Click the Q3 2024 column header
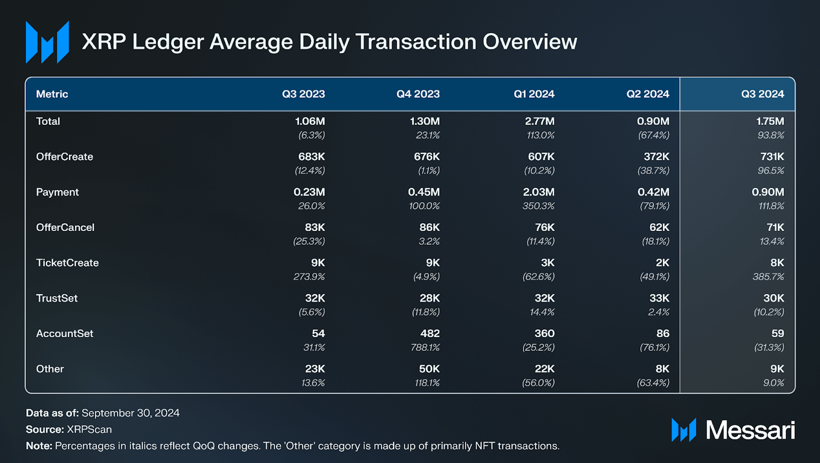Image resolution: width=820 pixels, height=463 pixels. (x=762, y=94)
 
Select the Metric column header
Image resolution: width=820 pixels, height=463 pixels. (x=52, y=94)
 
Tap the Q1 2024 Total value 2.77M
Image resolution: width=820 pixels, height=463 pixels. (x=539, y=121)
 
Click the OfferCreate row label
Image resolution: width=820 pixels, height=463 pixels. (x=64, y=157)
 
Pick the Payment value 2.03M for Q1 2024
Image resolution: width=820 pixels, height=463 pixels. (x=538, y=192)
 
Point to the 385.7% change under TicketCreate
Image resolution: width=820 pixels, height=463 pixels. (x=768, y=276)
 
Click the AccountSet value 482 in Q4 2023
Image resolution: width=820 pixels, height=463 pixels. (x=430, y=334)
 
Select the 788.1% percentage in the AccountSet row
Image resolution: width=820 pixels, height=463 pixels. (x=425, y=347)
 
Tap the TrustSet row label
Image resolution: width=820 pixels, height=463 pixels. (x=57, y=298)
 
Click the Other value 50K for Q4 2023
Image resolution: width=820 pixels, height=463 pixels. (x=429, y=369)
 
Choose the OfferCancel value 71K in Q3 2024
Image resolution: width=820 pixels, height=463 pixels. (x=775, y=227)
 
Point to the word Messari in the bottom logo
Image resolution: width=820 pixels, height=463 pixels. (x=750, y=430)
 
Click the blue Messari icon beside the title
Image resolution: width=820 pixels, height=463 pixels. (x=47, y=42)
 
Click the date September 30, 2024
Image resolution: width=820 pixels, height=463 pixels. (x=130, y=413)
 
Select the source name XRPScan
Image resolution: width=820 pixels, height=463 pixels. (x=89, y=429)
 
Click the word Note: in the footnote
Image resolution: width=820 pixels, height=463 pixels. (x=39, y=446)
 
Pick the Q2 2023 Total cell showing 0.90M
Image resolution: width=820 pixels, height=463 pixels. (x=653, y=121)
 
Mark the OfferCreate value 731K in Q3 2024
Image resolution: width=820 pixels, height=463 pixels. (x=772, y=157)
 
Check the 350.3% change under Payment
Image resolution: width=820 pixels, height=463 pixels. (x=538, y=206)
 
